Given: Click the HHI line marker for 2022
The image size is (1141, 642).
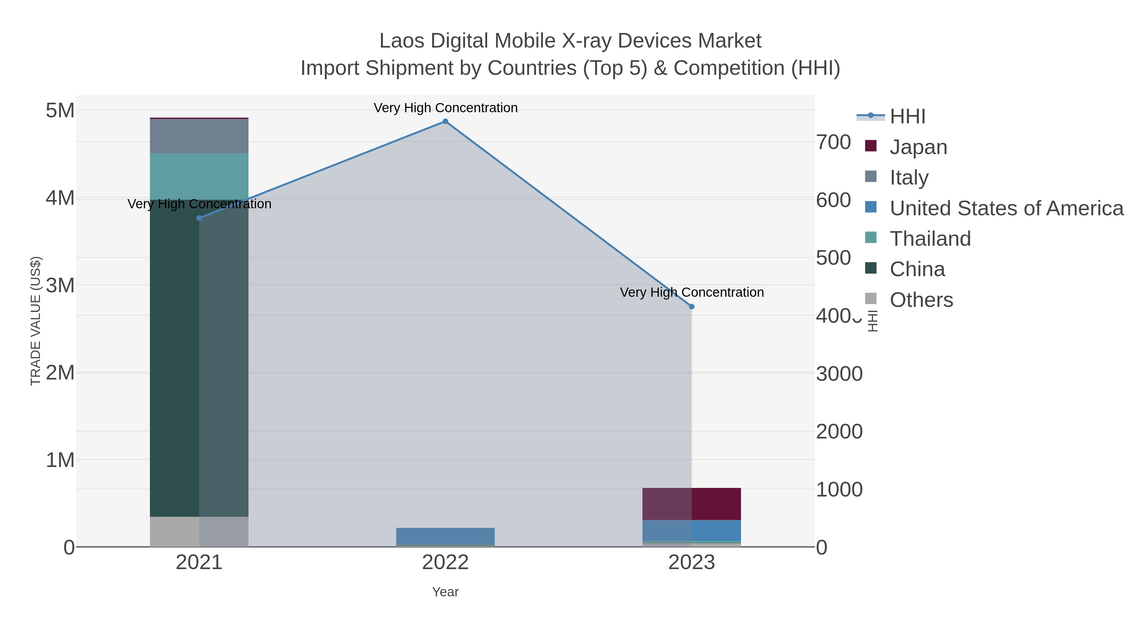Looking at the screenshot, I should click(445, 121).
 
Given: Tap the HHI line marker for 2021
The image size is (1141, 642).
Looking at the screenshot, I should click(199, 218).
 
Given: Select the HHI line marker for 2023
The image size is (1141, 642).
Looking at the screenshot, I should click(692, 307).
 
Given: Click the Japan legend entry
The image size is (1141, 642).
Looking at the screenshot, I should click(918, 147).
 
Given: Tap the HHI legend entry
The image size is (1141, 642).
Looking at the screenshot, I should click(907, 117).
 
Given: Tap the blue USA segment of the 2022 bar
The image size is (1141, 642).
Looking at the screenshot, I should click(445, 536).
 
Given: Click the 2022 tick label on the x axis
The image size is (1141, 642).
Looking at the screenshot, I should click(445, 563).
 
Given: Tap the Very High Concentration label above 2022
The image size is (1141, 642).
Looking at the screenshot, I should click(445, 108).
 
